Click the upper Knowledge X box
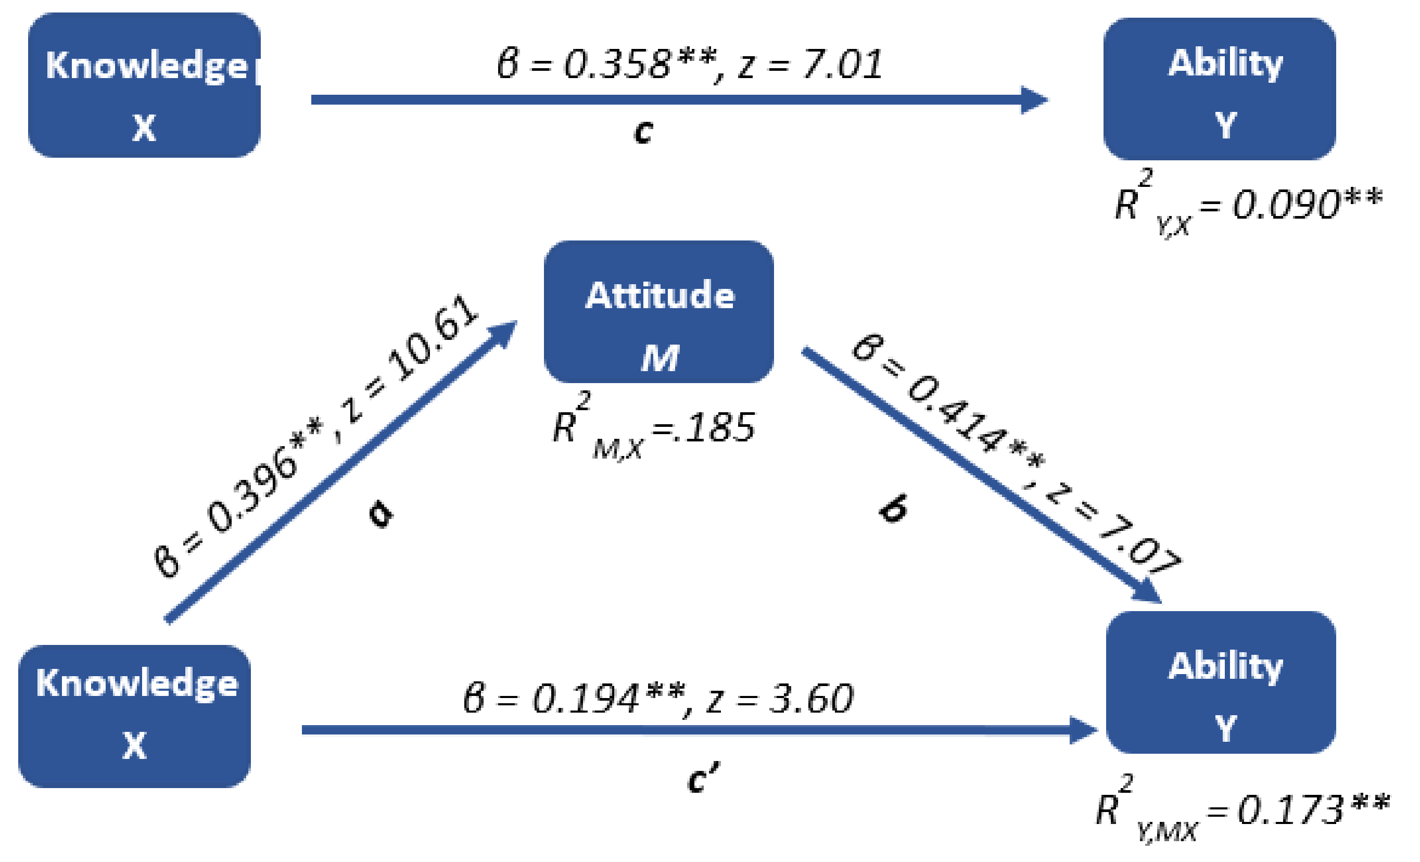[144, 85]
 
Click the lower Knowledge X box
[134, 716]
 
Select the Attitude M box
[658, 312]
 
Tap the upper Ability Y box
[1220, 88]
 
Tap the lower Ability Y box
[1221, 682]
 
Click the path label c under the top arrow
[643, 131]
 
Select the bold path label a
[381, 512]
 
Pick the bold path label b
[893, 508]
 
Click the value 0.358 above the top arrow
[617, 64]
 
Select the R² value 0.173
[1291, 809]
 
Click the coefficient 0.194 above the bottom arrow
[585, 699]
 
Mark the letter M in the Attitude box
[660, 359]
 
